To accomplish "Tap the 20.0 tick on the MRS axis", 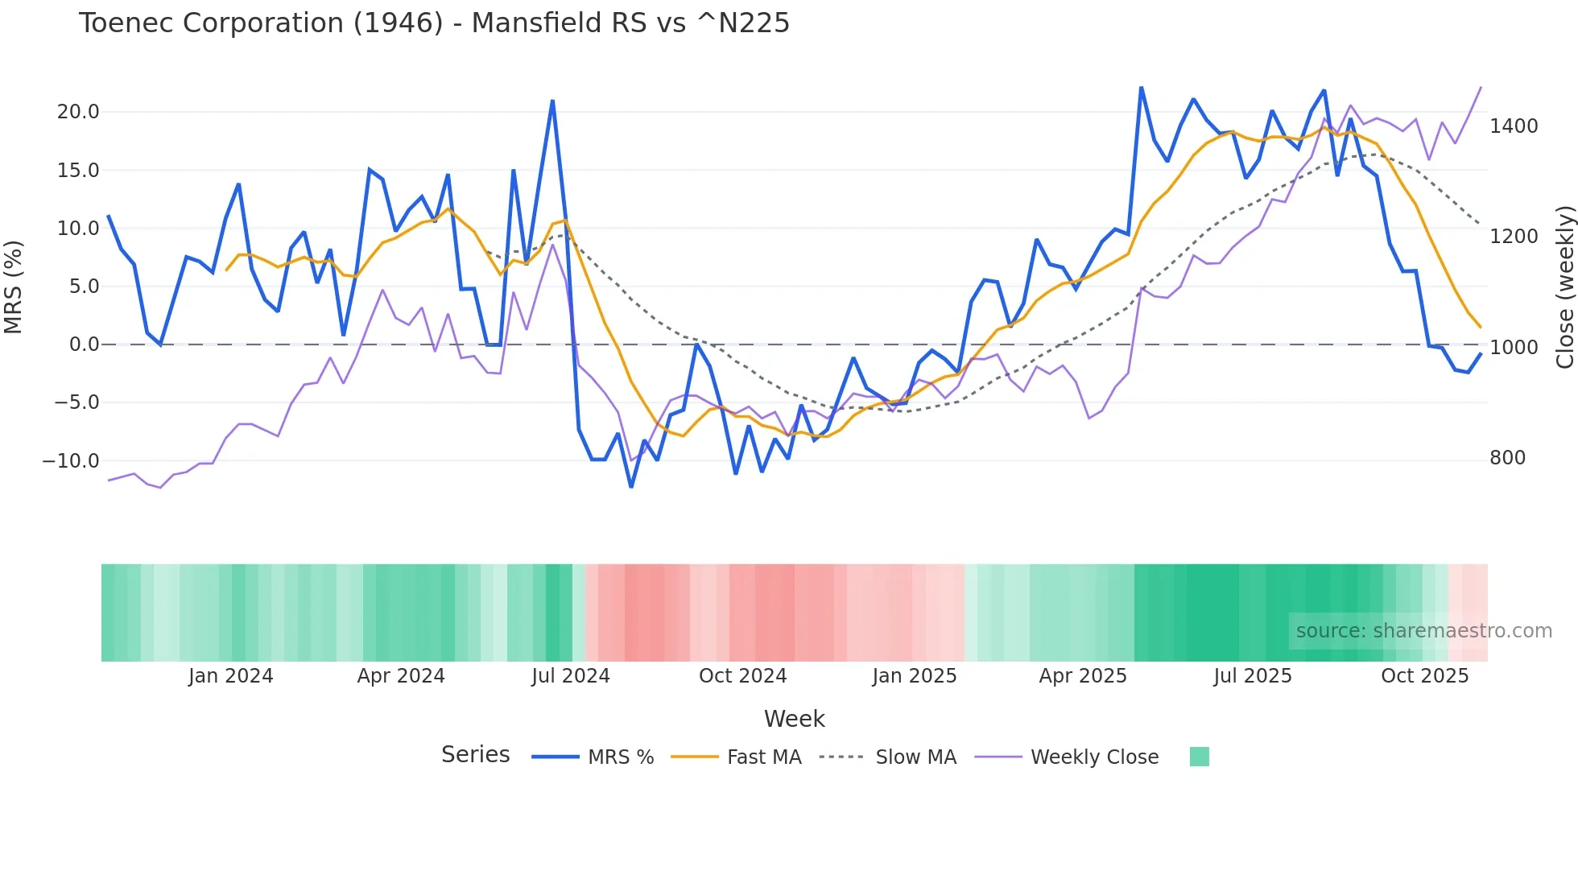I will [x=78, y=112].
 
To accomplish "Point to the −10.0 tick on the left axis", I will [x=71, y=461].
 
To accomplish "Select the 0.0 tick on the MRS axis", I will [x=84, y=344].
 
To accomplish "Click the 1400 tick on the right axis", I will [x=1514, y=126].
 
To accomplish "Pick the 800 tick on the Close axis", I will [x=1507, y=458].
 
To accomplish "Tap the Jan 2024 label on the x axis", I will [x=231, y=676].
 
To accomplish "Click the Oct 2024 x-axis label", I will [x=742, y=676].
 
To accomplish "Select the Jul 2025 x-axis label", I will [x=1252, y=676].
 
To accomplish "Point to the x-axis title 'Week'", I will [x=794, y=719].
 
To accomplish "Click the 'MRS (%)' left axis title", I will [x=14, y=287].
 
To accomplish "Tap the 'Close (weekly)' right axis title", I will [x=1564, y=287].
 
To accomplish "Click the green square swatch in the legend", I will [x=1199, y=757].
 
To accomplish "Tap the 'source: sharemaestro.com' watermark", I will [x=1423, y=631].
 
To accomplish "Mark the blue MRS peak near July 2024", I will [x=552, y=101].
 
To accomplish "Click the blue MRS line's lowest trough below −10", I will [x=631, y=486].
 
